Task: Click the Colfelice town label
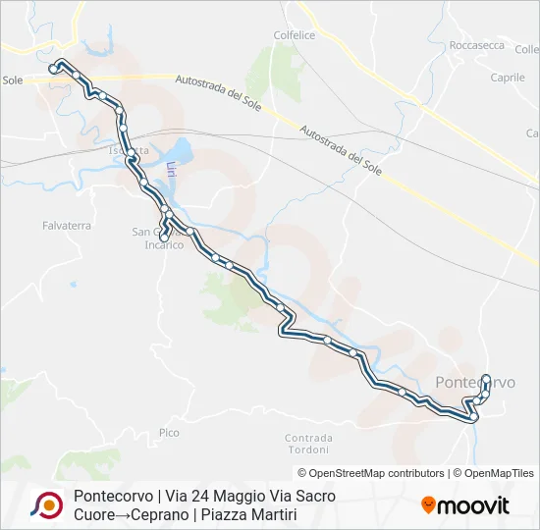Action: point(295,34)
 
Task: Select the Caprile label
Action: point(507,78)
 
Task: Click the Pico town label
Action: point(169,432)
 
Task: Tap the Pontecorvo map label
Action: point(474,382)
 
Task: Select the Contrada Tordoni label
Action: point(308,443)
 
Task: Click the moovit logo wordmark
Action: point(473,506)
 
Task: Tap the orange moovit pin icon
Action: point(428,504)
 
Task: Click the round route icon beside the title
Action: point(46,504)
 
